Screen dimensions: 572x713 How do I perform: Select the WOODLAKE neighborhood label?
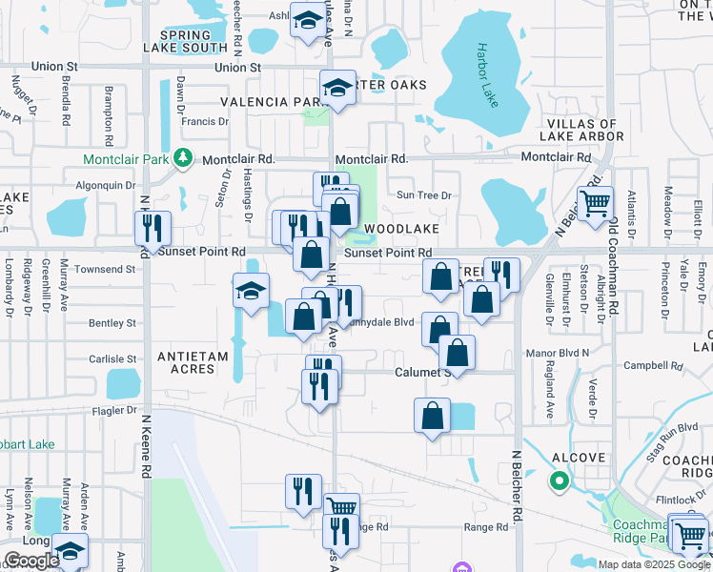click(x=401, y=230)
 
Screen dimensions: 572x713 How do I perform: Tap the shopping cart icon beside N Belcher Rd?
click(x=595, y=205)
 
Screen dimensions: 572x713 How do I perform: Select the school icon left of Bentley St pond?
click(x=252, y=292)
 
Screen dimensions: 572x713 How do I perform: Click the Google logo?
click(x=31, y=561)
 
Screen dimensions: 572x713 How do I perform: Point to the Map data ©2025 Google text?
click(x=654, y=563)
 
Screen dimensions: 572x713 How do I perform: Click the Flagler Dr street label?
click(x=115, y=410)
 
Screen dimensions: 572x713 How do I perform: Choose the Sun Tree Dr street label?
click(x=423, y=195)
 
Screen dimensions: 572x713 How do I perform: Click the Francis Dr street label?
click(x=205, y=121)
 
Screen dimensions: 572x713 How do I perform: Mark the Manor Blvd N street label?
click(x=558, y=353)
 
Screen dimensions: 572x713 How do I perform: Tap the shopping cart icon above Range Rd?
click(x=341, y=506)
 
